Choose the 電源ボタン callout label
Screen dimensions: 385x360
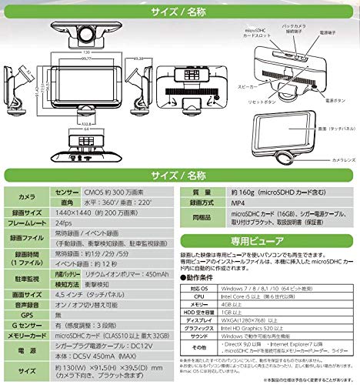pos(324,99)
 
